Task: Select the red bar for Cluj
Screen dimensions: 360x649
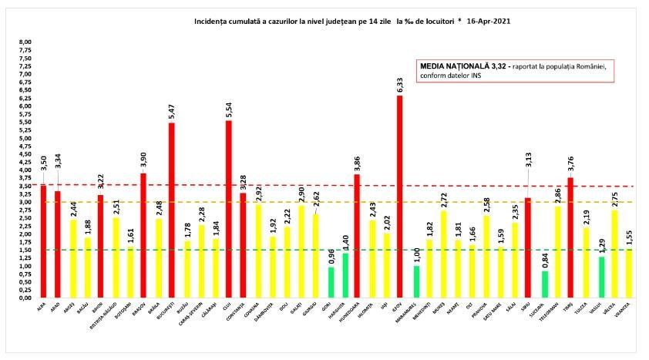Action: click(228, 209)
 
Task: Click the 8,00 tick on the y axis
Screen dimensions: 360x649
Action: click(25, 42)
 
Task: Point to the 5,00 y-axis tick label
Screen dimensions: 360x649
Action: click(25, 138)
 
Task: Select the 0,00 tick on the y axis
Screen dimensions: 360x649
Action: click(25, 298)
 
